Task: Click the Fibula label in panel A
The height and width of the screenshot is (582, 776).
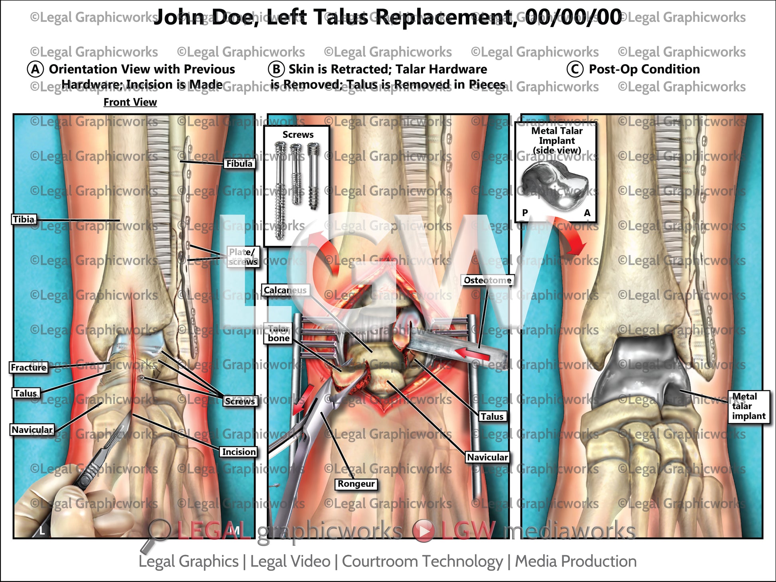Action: click(x=239, y=163)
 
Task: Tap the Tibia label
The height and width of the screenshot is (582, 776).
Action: click(x=24, y=219)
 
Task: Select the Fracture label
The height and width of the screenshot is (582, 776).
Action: click(x=29, y=367)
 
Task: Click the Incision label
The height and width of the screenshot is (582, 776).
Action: click(x=239, y=452)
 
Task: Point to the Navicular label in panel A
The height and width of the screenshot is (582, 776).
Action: click(x=32, y=430)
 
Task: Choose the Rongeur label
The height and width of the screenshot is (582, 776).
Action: click(x=356, y=484)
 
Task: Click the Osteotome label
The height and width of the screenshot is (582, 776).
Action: click(x=487, y=280)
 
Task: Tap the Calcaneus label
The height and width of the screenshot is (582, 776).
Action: click(x=285, y=290)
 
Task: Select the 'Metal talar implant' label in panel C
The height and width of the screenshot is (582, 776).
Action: click(x=748, y=406)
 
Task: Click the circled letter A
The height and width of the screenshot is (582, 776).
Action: click(x=35, y=69)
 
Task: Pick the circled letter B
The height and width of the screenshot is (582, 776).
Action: click(x=276, y=69)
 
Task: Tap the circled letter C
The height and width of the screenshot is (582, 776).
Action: click(x=575, y=69)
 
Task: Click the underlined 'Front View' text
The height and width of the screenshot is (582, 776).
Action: click(x=130, y=102)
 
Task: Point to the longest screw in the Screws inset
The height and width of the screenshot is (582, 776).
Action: click(x=280, y=191)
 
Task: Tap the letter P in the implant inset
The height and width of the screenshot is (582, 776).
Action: click(x=525, y=213)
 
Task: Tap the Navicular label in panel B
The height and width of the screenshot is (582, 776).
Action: click(x=487, y=457)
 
